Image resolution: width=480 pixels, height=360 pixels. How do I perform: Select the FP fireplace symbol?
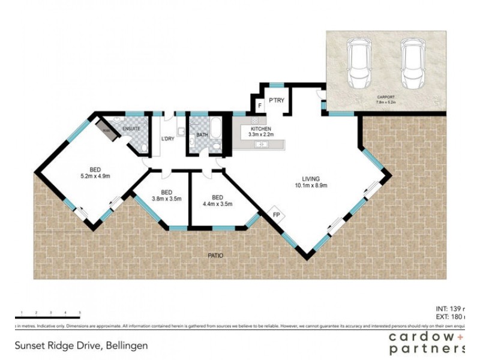click(276, 214)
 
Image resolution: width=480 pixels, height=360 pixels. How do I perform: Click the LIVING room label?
click(310, 179)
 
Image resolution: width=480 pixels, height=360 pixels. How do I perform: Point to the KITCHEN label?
click(261, 129)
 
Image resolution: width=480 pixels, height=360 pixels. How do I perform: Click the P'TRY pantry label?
click(276, 100)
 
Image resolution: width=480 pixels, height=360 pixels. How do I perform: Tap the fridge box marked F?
click(259, 107)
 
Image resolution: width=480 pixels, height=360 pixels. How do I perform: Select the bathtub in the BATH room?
click(214, 133)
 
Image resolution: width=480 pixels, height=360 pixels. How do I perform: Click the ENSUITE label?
click(132, 128)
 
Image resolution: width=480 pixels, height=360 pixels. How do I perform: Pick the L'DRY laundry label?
click(167, 140)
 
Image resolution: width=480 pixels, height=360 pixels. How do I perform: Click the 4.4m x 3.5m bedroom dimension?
click(218, 204)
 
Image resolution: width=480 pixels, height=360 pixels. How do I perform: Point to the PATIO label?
click(215, 256)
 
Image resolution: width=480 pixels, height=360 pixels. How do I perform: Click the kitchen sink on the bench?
click(262, 145)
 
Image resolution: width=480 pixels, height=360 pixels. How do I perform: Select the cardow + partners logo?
click(427, 343)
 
